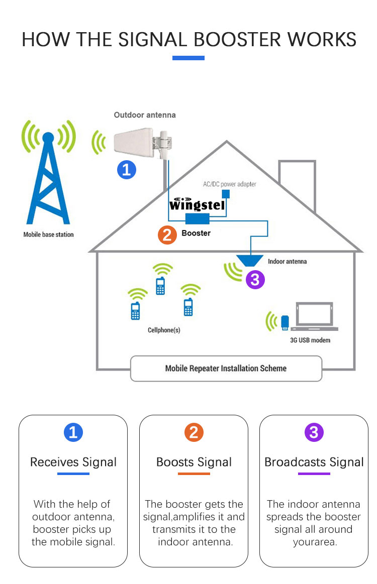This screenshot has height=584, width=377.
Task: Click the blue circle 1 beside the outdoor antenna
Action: [127, 169]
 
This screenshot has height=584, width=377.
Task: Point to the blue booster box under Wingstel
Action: [198, 218]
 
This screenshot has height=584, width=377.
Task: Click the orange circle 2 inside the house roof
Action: [167, 234]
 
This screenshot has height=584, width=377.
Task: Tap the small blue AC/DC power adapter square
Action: [226, 194]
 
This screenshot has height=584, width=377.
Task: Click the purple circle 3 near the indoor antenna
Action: [255, 279]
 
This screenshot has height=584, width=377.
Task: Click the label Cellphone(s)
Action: [164, 330]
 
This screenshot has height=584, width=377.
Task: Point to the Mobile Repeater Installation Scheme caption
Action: [226, 369]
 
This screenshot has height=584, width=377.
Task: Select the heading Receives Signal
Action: [73, 462]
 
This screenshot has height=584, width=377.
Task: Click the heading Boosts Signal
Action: [194, 462]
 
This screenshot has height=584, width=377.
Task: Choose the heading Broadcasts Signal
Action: [314, 462]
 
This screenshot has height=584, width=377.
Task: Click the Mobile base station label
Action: [48, 235]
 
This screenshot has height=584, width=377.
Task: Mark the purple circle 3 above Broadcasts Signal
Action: [314, 432]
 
